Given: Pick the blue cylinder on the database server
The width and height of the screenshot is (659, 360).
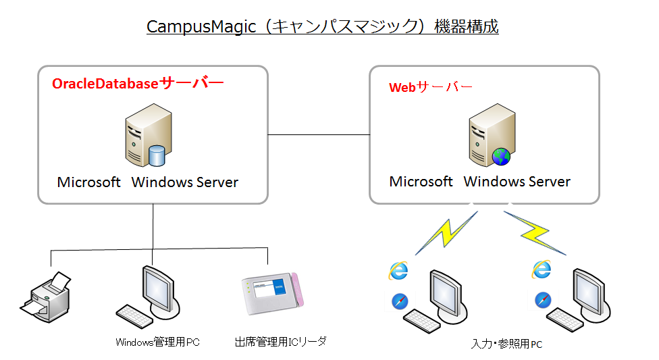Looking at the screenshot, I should [157, 156].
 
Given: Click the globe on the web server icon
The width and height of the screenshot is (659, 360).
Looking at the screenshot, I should [501, 157].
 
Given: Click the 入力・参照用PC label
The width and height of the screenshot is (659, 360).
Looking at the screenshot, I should [506, 344].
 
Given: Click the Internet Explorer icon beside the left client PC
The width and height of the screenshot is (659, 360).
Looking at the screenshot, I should [398, 270].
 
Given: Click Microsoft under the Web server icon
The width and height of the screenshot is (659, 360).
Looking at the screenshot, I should [421, 182].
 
